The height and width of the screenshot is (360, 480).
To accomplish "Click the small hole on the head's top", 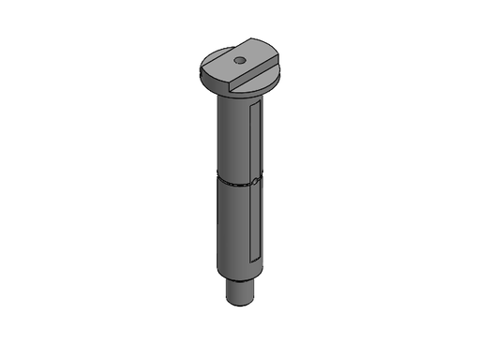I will point(239,60).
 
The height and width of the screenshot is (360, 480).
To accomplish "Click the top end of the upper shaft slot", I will point(255,107).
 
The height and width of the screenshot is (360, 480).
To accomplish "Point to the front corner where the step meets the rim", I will point(232,91).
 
